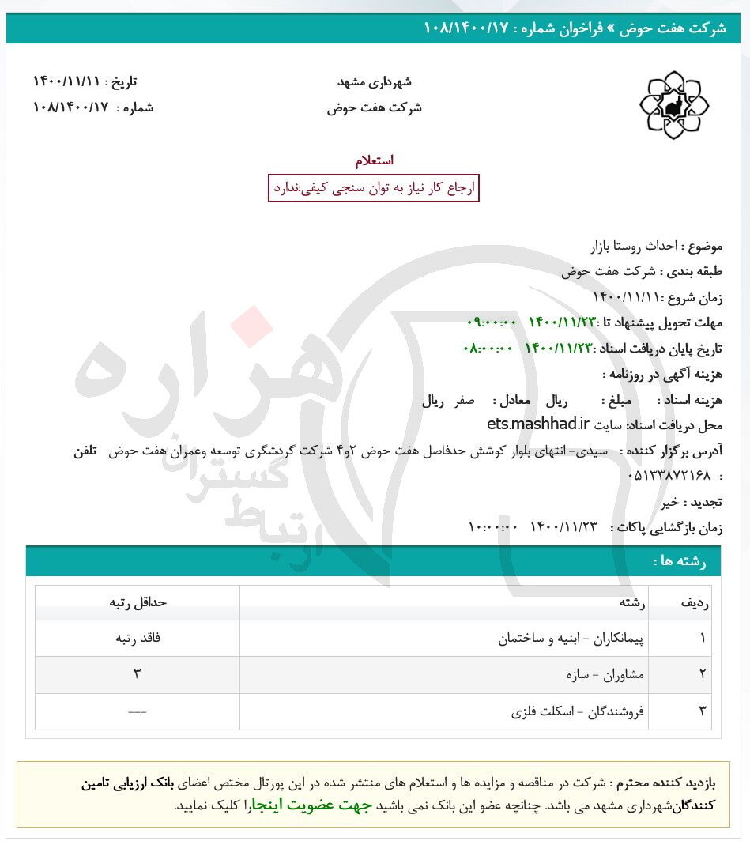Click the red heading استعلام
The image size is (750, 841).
pos(374,160)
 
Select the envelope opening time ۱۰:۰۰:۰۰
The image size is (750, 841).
pos(494,526)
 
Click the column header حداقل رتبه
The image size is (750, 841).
pos(138,603)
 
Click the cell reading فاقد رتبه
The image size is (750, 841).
pos(138,638)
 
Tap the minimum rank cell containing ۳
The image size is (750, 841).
pos(138,674)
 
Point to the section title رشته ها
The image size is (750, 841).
pos(680,560)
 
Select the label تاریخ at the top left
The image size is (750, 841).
pos(122,81)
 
